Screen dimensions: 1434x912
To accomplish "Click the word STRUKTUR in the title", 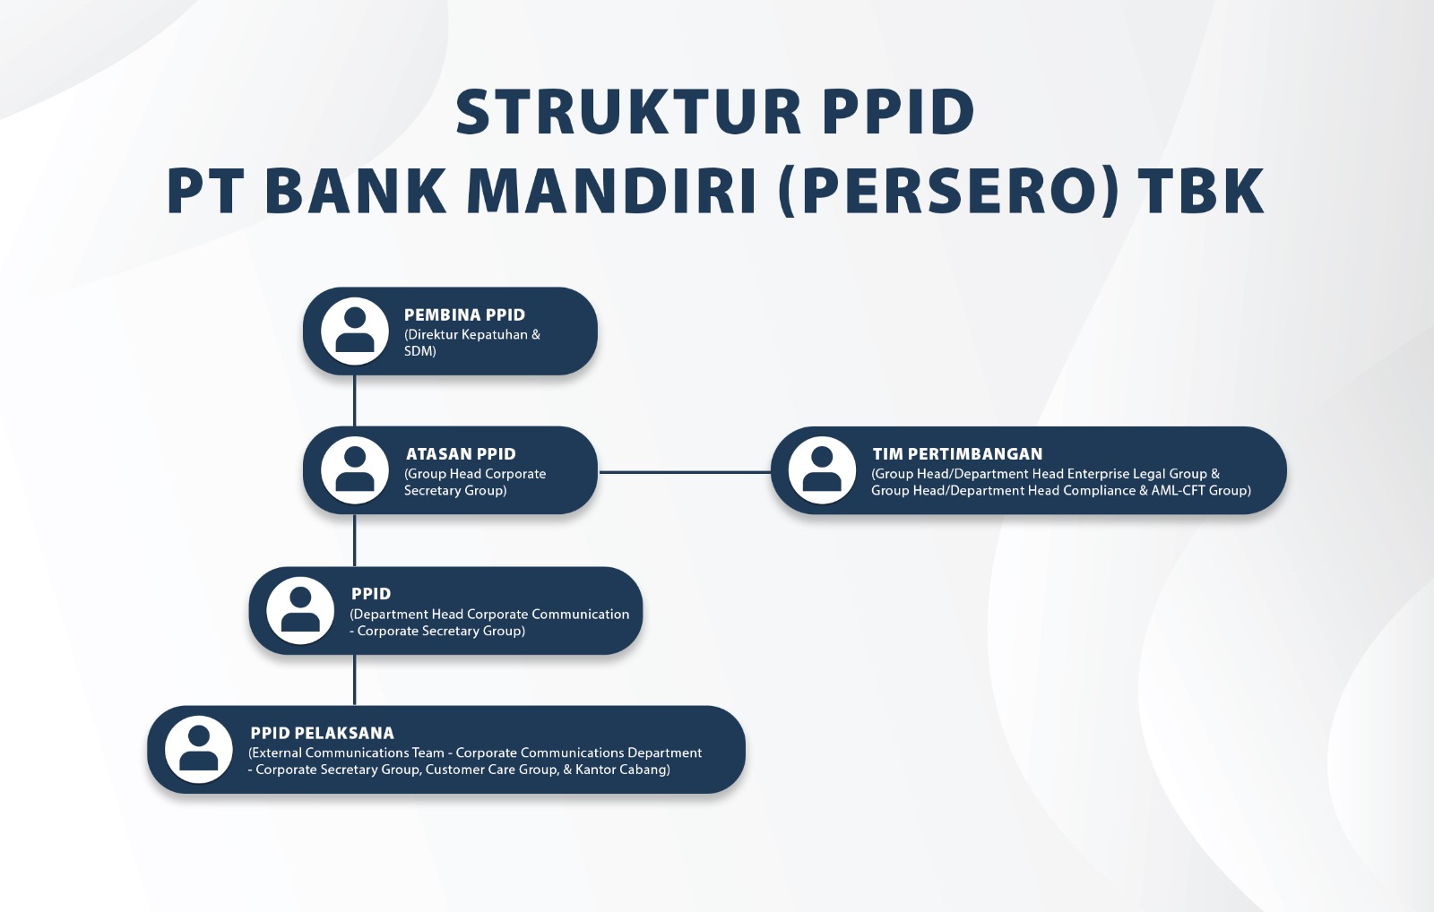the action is (x=628, y=112).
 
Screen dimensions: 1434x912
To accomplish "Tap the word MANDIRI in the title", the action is (x=613, y=191).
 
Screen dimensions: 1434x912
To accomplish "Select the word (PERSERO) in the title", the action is (x=949, y=191).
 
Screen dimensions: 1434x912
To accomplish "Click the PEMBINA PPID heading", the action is (x=464, y=314).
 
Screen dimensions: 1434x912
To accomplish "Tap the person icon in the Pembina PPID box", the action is (x=355, y=331).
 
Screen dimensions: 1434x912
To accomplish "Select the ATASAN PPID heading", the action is (x=461, y=453).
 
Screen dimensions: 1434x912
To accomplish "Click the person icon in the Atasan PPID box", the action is (x=355, y=470).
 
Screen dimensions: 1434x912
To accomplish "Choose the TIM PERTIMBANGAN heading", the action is (x=957, y=453).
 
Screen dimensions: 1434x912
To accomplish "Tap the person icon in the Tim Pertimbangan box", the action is (x=822, y=470).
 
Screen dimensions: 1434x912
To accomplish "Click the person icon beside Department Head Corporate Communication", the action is (x=300, y=611).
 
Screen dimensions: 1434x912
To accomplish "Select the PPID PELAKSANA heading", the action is (x=322, y=733).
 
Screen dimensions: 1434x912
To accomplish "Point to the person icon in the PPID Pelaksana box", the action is (x=198, y=750).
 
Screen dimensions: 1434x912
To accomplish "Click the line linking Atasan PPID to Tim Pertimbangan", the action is (x=685, y=472).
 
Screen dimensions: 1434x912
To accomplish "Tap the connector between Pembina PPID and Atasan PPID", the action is (x=355, y=400).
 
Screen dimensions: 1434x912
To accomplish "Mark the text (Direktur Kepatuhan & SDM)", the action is (x=471, y=342).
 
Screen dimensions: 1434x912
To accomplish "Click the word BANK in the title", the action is (x=355, y=191).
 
